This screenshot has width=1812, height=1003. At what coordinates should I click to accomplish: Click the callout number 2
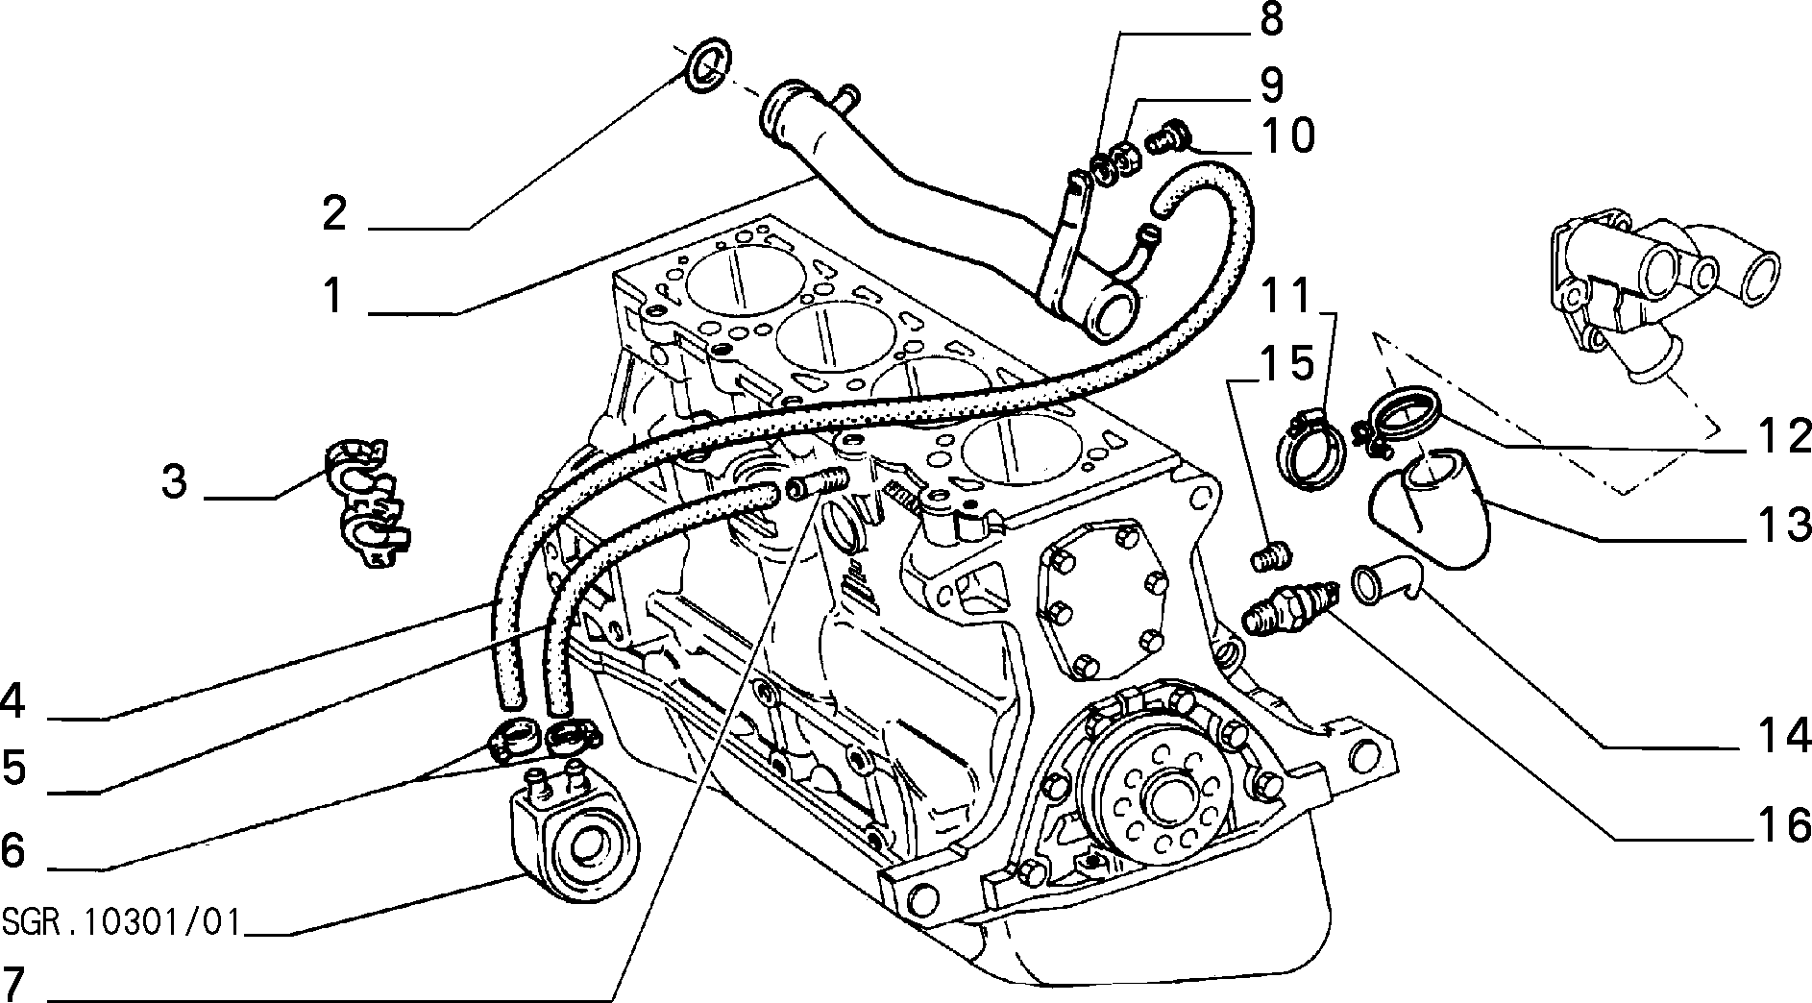[x=334, y=212]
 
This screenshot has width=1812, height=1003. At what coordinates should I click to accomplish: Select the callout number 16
[x=1784, y=825]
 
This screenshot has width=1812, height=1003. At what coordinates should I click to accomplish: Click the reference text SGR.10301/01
[x=121, y=922]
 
